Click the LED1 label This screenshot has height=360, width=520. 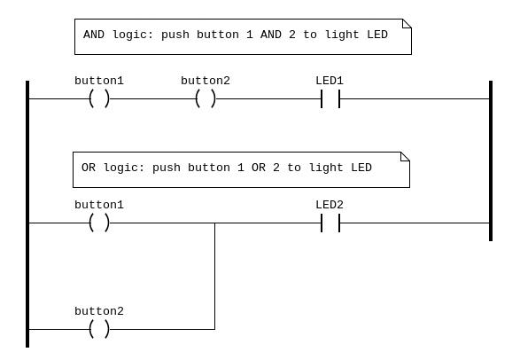pyautogui.click(x=330, y=81)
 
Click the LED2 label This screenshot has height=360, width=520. pyautogui.click(x=330, y=205)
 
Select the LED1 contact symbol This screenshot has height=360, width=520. pyautogui.click(x=330, y=99)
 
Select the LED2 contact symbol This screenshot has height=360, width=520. pyautogui.click(x=330, y=223)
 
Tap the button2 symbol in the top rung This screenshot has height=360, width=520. pyautogui.click(x=206, y=99)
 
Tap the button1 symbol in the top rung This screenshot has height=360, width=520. pyautogui.click(x=99, y=99)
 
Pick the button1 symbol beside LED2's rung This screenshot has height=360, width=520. pyautogui.click(x=99, y=223)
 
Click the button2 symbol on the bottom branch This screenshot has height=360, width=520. pyautogui.click(x=99, y=329)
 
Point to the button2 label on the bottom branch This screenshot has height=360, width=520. pyautogui.click(x=99, y=311)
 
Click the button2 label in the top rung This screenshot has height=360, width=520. pyautogui.click(x=206, y=81)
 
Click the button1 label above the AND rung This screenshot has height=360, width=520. pyautogui.click(x=99, y=81)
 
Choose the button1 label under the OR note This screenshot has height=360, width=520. pyautogui.click(x=99, y=205)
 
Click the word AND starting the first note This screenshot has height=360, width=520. pyautogui.click(x=94, y=35)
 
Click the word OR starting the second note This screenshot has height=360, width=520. pyautogui.click(x=89, y=168)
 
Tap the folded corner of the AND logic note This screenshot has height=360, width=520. pyautogui.click(x=407, y=24)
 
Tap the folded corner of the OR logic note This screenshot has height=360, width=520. pyautogui.click(x=405, y=157)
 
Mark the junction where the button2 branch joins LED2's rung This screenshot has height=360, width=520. pyautogui.click(x=215, y=223)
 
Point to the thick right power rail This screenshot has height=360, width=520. pyautogui.click(x=491, y=160)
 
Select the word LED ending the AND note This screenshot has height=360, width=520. pyautogui.click(x=377, y=35)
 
